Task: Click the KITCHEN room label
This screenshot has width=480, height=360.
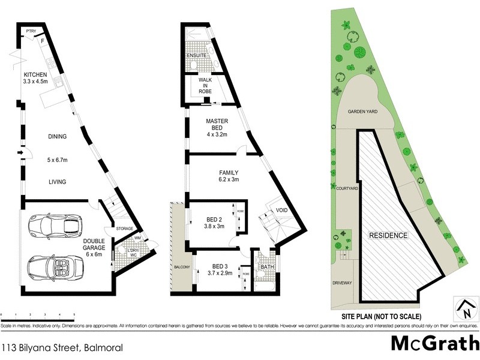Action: pos(34,74)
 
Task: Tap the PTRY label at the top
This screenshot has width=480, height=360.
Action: pos(29,32)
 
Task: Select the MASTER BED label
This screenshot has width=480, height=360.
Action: pos(217,125)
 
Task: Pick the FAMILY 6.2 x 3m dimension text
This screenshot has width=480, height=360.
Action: pos(228,179)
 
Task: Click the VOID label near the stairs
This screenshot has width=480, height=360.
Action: pos(281,210)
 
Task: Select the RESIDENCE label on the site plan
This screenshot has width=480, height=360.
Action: pos(388,236)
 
